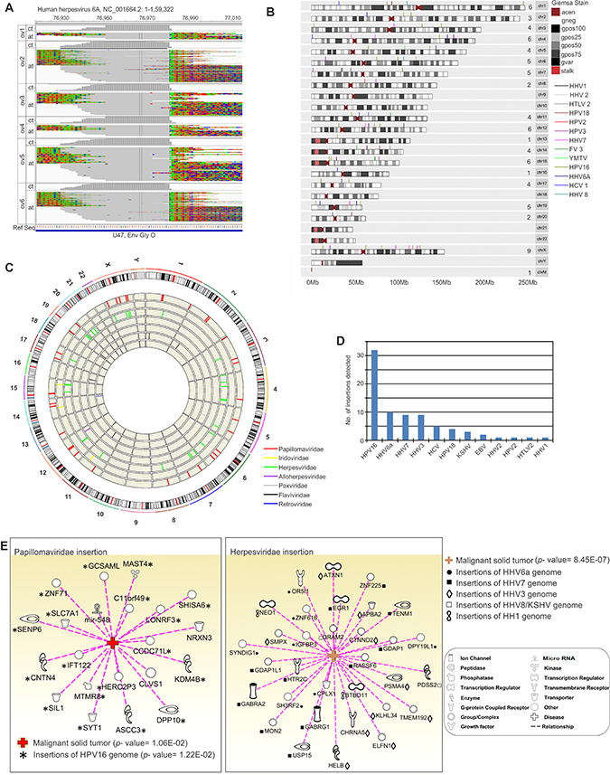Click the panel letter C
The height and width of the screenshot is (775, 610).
pos(8,268)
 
